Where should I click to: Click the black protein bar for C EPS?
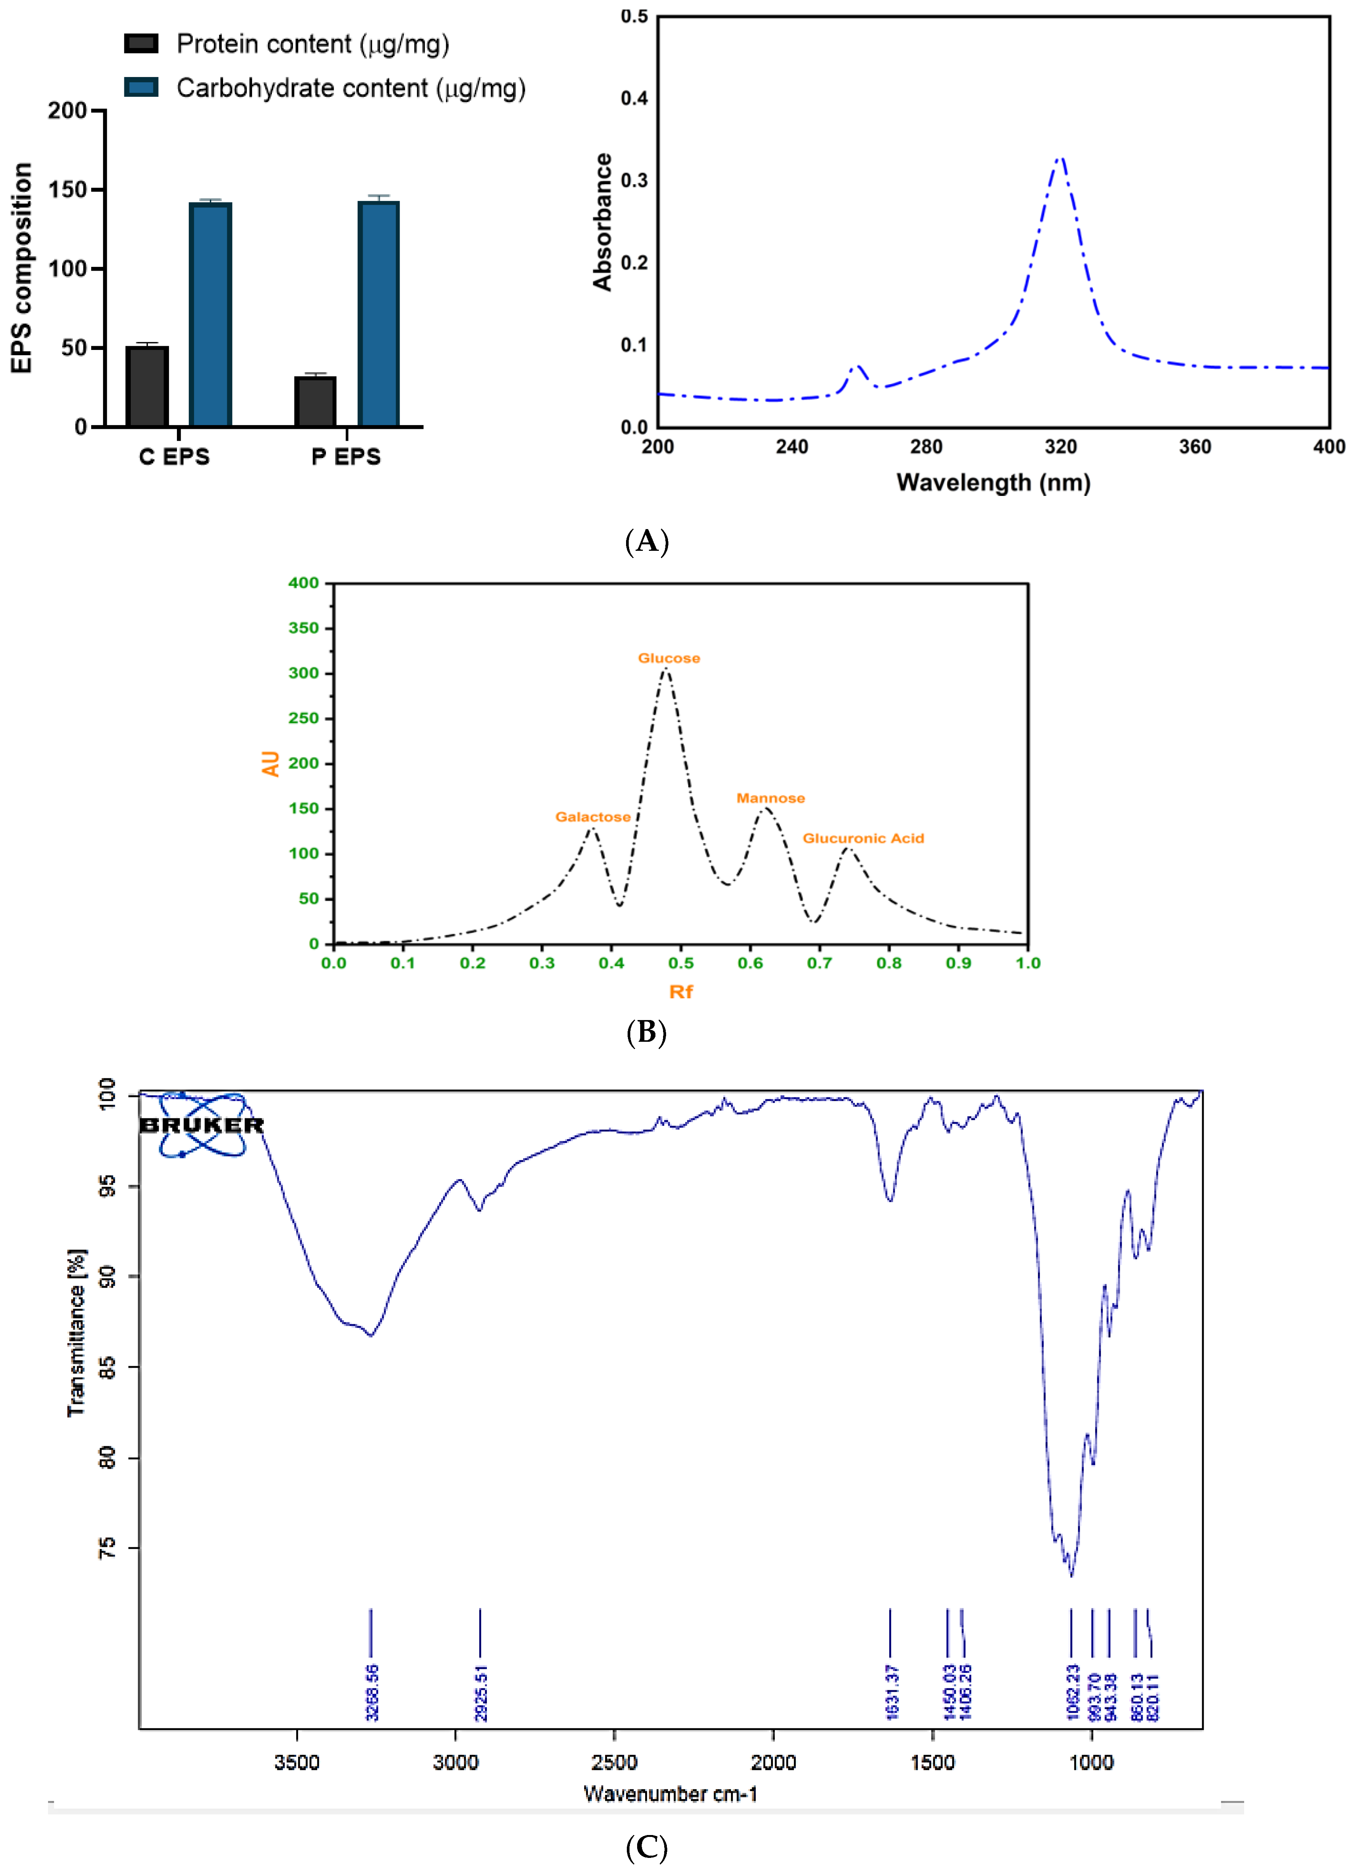pos(147,386)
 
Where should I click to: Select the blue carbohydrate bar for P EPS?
pos(379,314)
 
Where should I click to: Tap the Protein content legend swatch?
pos(141,44)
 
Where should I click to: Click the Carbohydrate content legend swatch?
pos(141,88)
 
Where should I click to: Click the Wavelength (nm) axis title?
pos(993,483)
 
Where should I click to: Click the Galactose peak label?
pos(593,817)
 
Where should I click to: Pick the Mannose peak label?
pos(770,798)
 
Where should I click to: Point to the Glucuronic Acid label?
pos(863,839)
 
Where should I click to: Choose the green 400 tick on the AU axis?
pos(303,584)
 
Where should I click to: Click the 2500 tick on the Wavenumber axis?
pos(614,1763)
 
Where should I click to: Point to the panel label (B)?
pos(646,1033)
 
